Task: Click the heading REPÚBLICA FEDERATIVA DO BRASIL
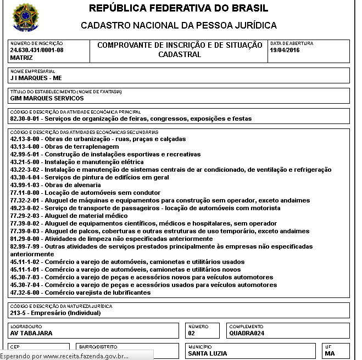[179, 9]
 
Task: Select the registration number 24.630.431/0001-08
[37, 50]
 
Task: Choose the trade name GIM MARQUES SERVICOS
[47, 98]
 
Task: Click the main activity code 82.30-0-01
[26, 119]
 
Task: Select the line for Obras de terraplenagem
[64, 147]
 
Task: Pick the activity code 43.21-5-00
[26, 162]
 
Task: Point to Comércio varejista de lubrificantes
[80, 293]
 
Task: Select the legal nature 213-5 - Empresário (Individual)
[55, 313]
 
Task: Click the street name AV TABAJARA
[32, 333]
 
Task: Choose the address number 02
[192, 333]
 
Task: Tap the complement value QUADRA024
[247, 333]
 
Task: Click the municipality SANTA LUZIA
[207, 353]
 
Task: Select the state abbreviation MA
[330, 353]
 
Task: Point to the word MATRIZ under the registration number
[21, 57]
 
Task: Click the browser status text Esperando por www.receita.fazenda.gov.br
[64, 356]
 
